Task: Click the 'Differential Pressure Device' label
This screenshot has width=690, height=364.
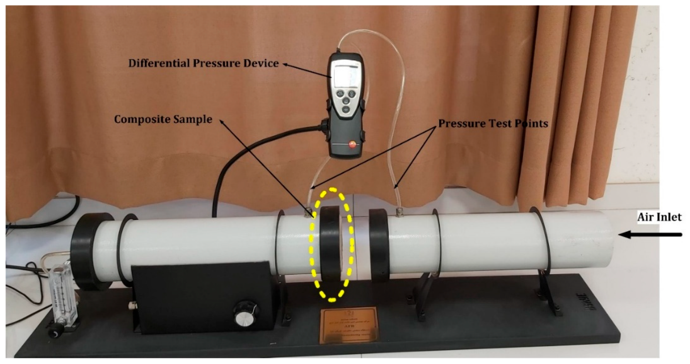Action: [x=204, y=63]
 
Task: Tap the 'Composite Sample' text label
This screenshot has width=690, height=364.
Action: [x=163, y=119]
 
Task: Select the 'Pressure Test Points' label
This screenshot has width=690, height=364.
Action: [x=493, y=123]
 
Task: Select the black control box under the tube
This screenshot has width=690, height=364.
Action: [x=204, y=302]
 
